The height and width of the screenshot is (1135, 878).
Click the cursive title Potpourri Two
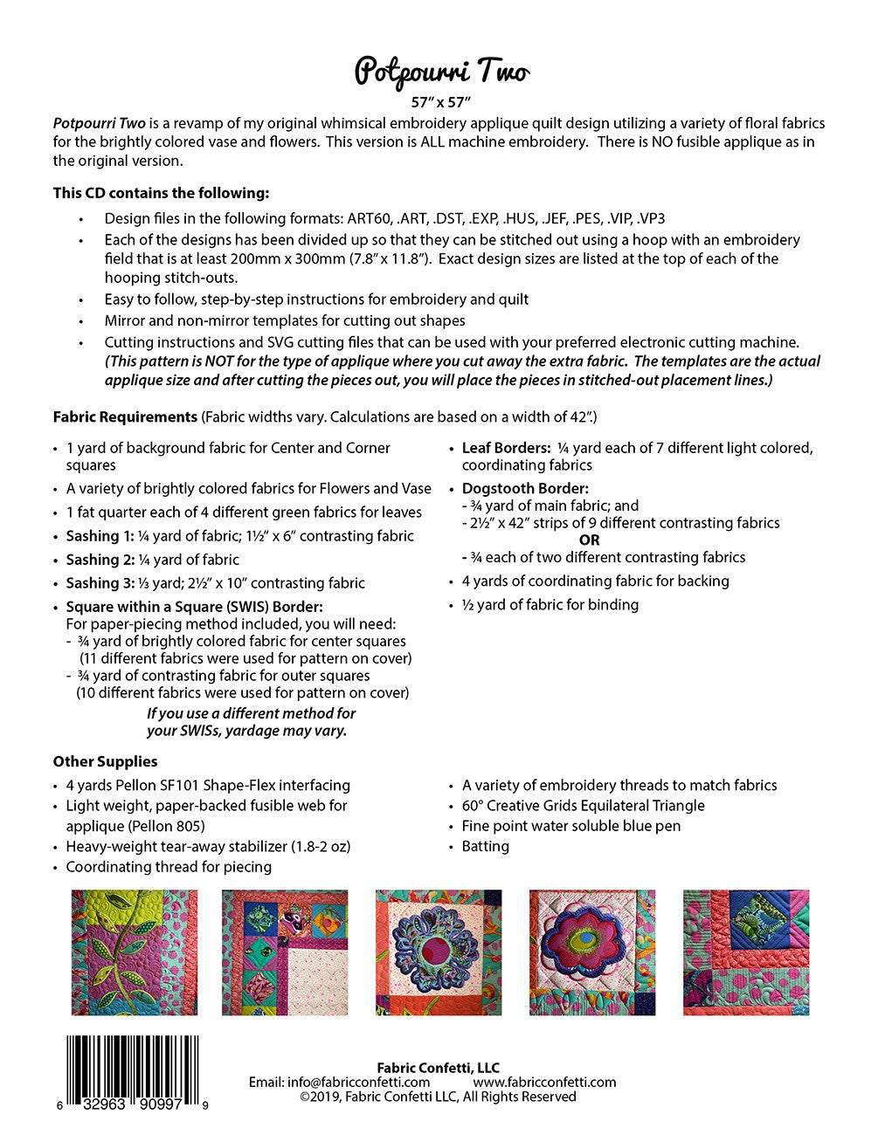[x=441, y=72]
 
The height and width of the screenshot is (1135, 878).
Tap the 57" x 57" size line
[x=441, y=102]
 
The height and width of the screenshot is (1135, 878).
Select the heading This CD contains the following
[x=161, y=193]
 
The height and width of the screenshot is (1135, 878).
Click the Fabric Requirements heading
[x=125, y=417]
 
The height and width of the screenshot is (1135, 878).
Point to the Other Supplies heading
[x=105, y=761]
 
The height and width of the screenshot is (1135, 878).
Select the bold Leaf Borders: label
[x=506, y=448]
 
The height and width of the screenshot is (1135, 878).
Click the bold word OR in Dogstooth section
[x=590, y=540]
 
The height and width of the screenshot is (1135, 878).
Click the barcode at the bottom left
[x=135, y=1067]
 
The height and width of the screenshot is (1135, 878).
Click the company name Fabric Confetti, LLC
[x=438, y=1068]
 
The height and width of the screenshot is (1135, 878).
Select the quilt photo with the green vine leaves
[x=135, y=953]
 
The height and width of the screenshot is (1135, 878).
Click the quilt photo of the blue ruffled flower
[x=439, y=953]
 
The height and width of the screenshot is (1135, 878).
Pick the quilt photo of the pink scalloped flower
[x=592, y=953]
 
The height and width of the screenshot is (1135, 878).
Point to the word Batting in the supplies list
[x=486, y=846]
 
